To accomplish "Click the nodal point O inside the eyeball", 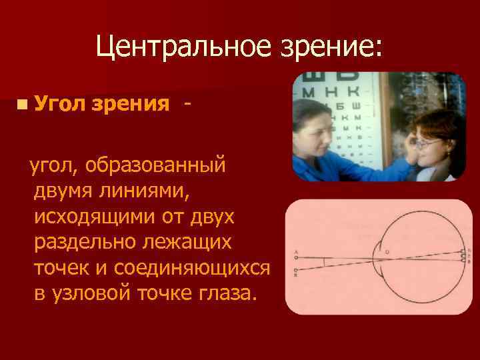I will tap(388, 252).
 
